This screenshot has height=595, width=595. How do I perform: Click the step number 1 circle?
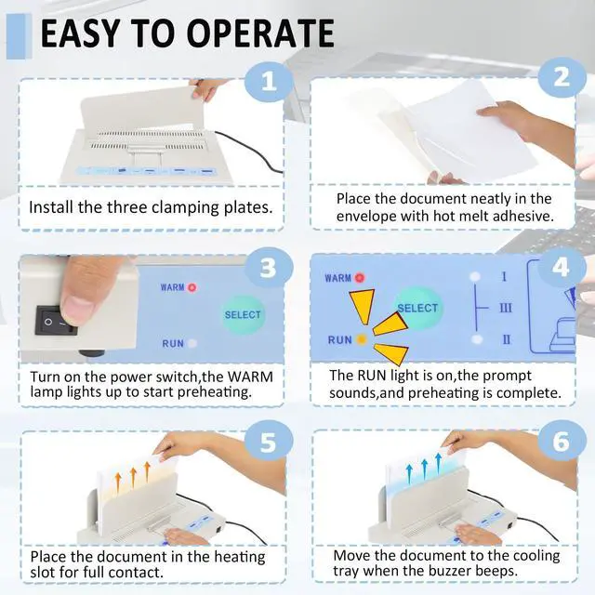(269, 82)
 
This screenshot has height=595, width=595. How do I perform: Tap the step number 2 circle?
(562, 78)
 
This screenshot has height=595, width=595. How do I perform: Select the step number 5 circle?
(269, 442)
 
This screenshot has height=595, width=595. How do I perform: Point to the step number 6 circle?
(562, 441)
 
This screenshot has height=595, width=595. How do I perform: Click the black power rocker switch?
(56, 321)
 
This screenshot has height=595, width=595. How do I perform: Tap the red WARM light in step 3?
(192, 287)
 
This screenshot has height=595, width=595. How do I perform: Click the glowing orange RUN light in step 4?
(362, 339)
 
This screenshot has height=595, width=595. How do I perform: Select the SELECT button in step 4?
(417, 308)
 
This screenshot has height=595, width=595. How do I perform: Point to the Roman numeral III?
(506, 308)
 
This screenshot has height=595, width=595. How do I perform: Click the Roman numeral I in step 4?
(504, 277)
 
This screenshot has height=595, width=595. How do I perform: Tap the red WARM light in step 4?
(360, 278)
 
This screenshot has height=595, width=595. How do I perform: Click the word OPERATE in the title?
(260, 33)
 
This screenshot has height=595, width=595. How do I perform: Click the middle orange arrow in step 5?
(133, 478)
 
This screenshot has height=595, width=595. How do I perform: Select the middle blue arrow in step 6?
(424, 468)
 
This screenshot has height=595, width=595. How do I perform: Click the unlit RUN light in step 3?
(192, 343)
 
